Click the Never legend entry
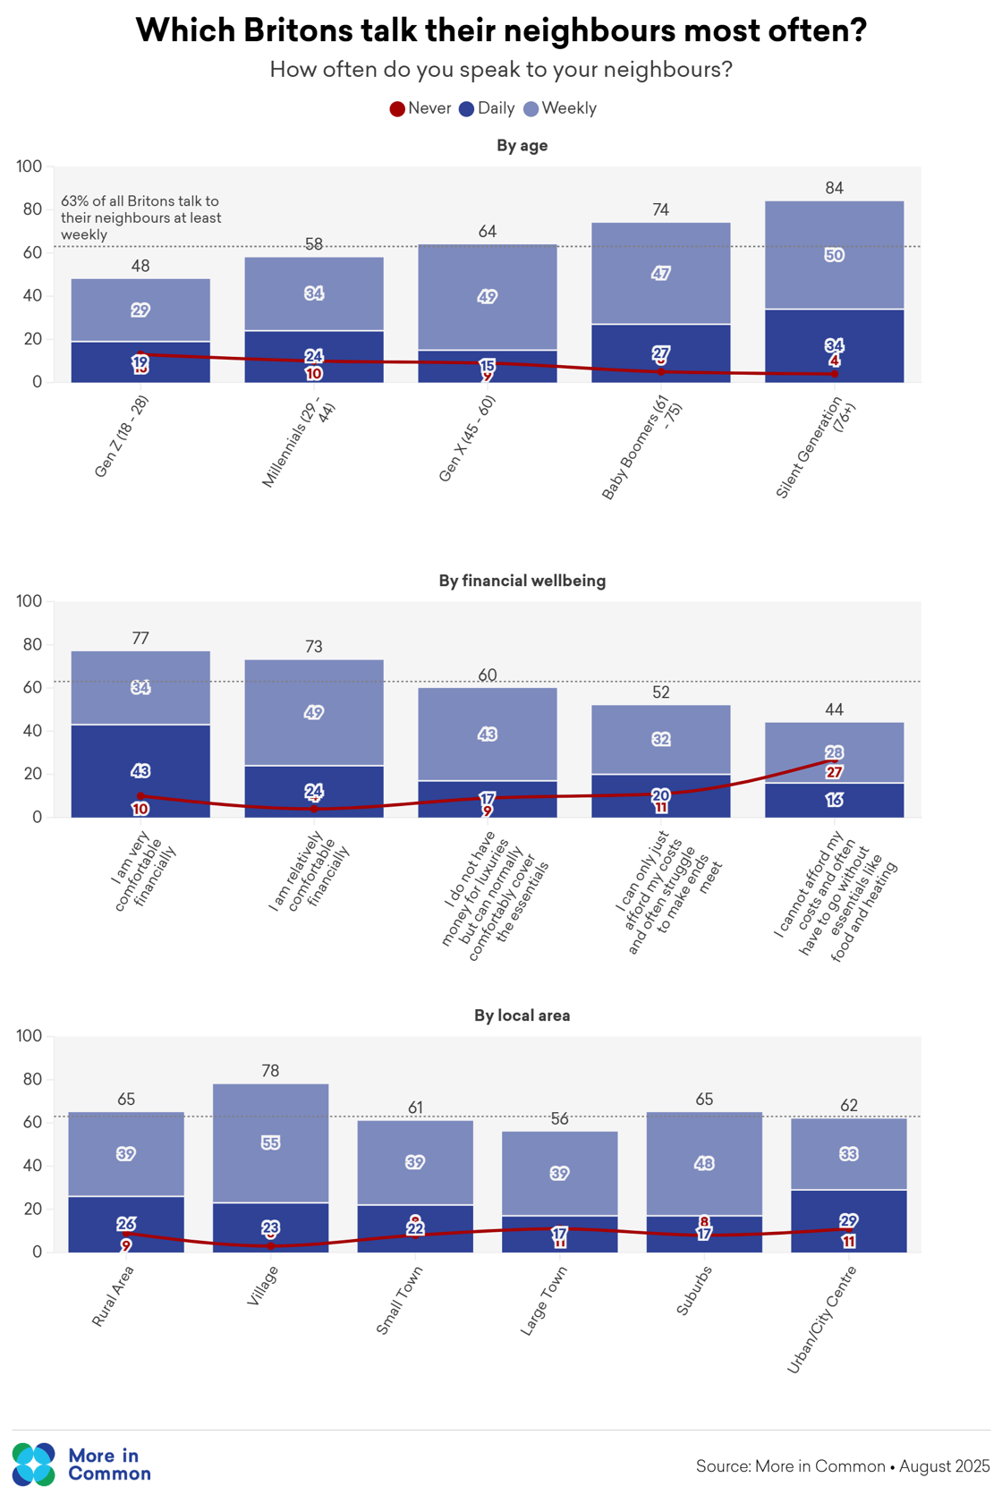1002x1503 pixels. (x=420, y=109)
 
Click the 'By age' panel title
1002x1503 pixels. (x=522, y=146)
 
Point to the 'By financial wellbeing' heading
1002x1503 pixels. (x=522, y=581)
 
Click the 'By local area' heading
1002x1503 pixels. (x=522, y=1015)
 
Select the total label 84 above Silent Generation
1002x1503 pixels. (x=834, y=188)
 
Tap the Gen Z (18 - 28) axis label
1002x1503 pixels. (x=122, y=437)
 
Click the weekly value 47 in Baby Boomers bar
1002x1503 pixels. (x=660, y=273)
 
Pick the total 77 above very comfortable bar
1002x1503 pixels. (x=140, y=639)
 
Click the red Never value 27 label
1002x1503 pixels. (x=834, y=772)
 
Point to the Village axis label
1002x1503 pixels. (x=262, y=1286)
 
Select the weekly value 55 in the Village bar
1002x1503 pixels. (x=270, y=1142)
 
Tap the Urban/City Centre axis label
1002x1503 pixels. (x=822, y=1320)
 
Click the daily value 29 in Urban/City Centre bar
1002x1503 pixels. (x=848, y=1220)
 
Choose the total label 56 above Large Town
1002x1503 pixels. (x=559, y=1118)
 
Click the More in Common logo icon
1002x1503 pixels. (x=34, y=1465)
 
